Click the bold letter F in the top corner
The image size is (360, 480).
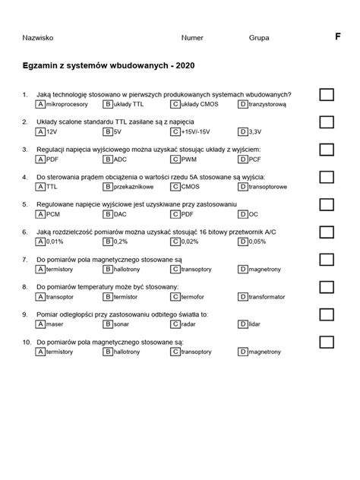(x=337, y=36)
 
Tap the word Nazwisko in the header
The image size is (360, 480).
(x=38, y=37)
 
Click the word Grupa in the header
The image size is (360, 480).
(x=259, y=37)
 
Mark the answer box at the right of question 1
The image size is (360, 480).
(x=327, y=94)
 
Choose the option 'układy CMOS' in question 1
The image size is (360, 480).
(x=201, y=104)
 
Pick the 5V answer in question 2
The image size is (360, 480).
(x=118, y=131)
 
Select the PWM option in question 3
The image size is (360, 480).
(x=190, y=159)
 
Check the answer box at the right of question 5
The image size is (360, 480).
(x=327, y=204)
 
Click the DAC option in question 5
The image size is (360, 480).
(x=121, y=214)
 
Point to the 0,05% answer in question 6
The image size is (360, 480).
(x=257, y=242)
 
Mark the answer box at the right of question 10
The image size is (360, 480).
(x=327, y=343)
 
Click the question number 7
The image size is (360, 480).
(x=25, y=259)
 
